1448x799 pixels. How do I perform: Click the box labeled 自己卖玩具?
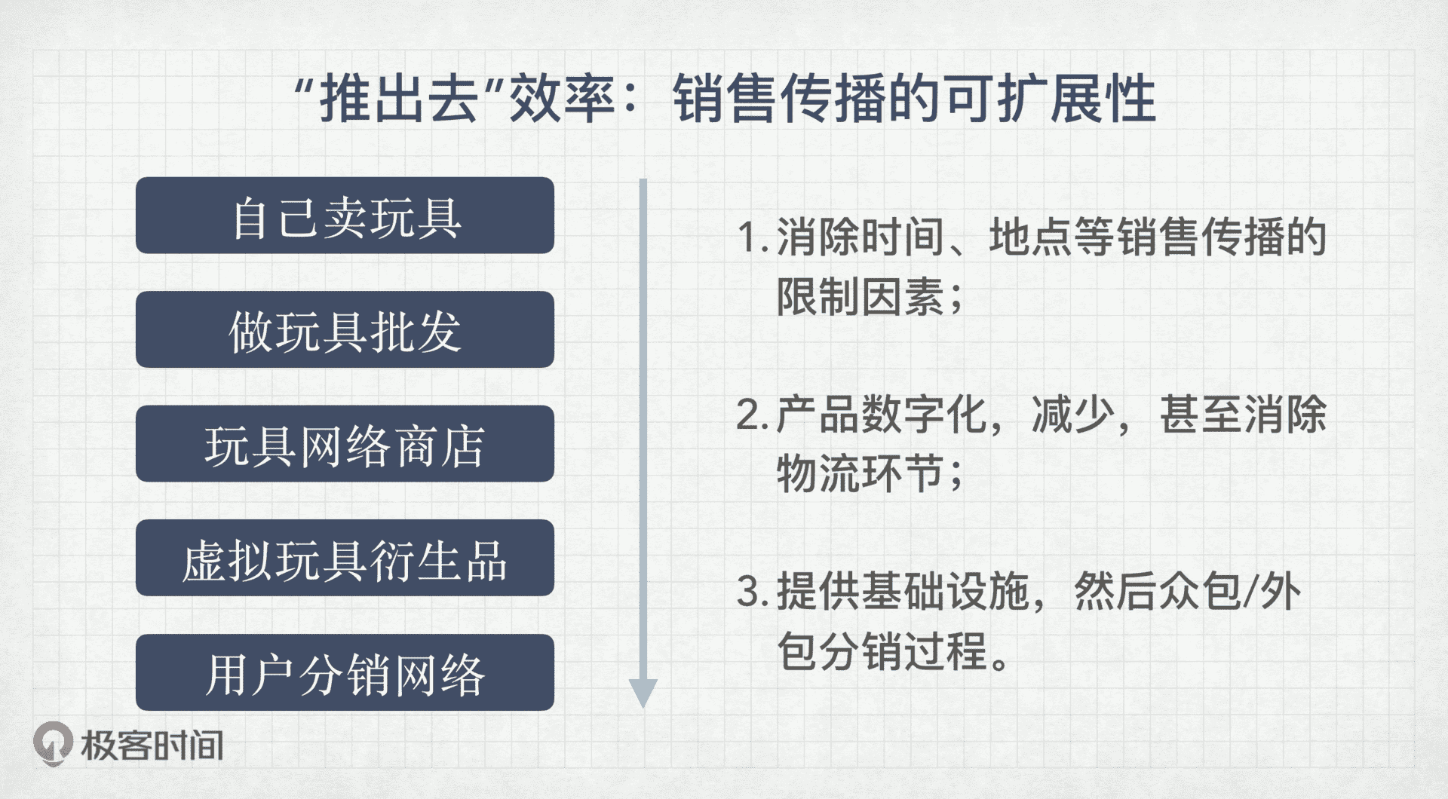[345, 216]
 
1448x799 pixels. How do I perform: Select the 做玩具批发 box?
[345, 329]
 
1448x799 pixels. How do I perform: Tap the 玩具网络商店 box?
[345, 444]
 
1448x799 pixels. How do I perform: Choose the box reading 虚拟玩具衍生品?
[345, 558]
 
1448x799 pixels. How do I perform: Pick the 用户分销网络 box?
[345, 672]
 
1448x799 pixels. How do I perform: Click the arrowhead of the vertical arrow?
[643, 692]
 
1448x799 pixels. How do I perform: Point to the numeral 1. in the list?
[752, 237]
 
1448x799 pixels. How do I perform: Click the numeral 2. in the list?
[752, 415]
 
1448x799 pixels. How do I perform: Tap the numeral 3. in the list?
[752, 592]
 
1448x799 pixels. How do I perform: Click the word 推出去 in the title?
[400, 99]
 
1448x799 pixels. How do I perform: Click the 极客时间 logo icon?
[53, 744]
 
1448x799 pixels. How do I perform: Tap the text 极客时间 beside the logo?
[152, 745]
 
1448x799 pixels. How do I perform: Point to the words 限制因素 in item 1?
[861, 296]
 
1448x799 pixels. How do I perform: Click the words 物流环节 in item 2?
[861, 474]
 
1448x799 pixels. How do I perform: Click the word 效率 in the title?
[563, 99]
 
